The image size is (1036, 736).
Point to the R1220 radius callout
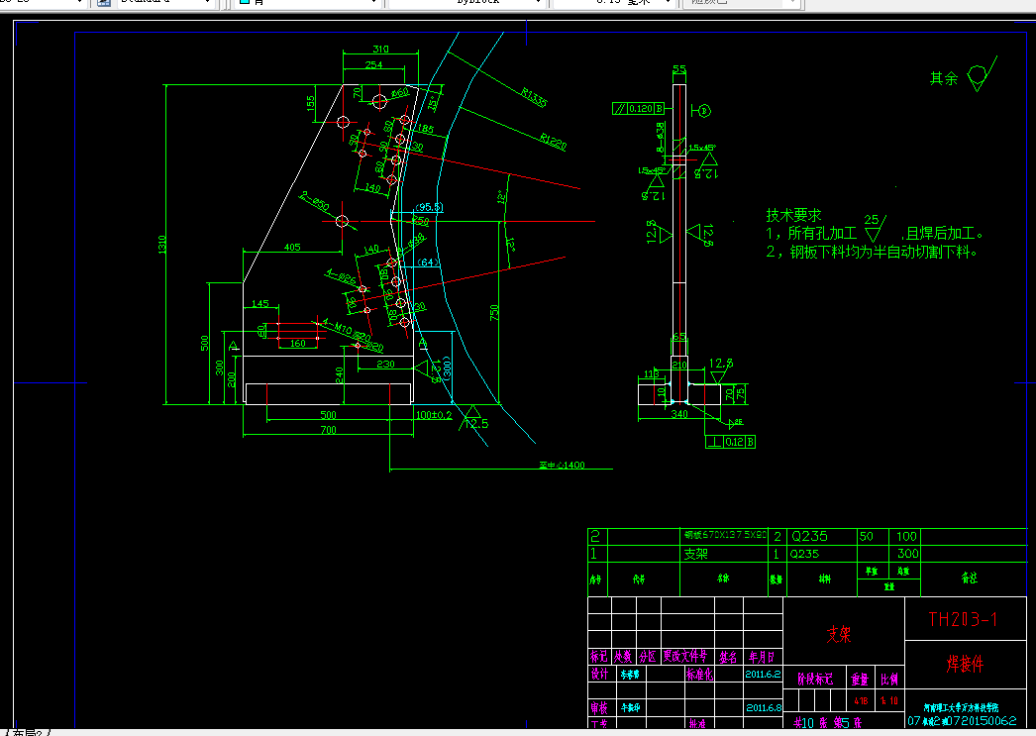553,144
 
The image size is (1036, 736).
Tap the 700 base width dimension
327,430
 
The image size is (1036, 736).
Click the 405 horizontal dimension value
291,247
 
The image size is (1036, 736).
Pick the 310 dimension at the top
380,50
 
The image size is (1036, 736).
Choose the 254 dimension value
372,65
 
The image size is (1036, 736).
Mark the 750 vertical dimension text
494,312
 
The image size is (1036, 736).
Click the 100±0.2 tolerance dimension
434,415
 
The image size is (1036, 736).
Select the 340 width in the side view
679,414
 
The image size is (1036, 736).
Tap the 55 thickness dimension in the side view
679,69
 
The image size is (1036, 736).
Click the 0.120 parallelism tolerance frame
634,109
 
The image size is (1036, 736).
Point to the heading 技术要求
793,215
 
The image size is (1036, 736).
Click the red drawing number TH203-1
963,620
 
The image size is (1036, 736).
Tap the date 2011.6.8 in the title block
763,707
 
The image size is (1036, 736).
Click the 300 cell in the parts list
907,554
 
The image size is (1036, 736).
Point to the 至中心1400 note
561,465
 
